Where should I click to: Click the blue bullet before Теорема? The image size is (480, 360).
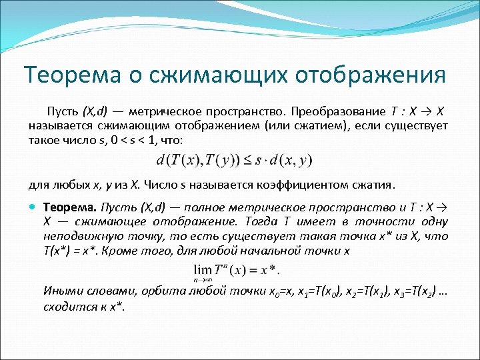click(x=34, y=208)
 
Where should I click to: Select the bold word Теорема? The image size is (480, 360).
click(x=65, y=208)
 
